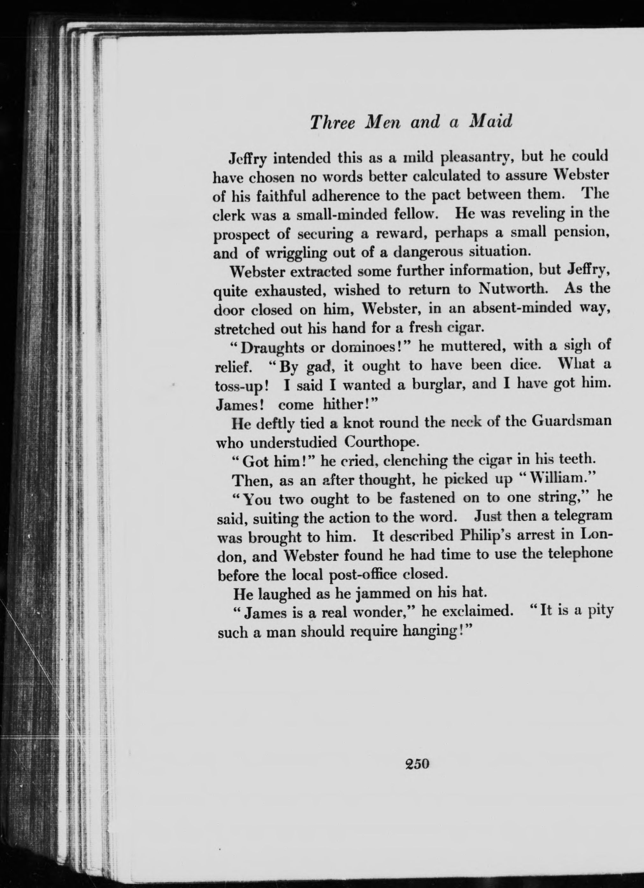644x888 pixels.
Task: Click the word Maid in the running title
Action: (490, 122)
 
